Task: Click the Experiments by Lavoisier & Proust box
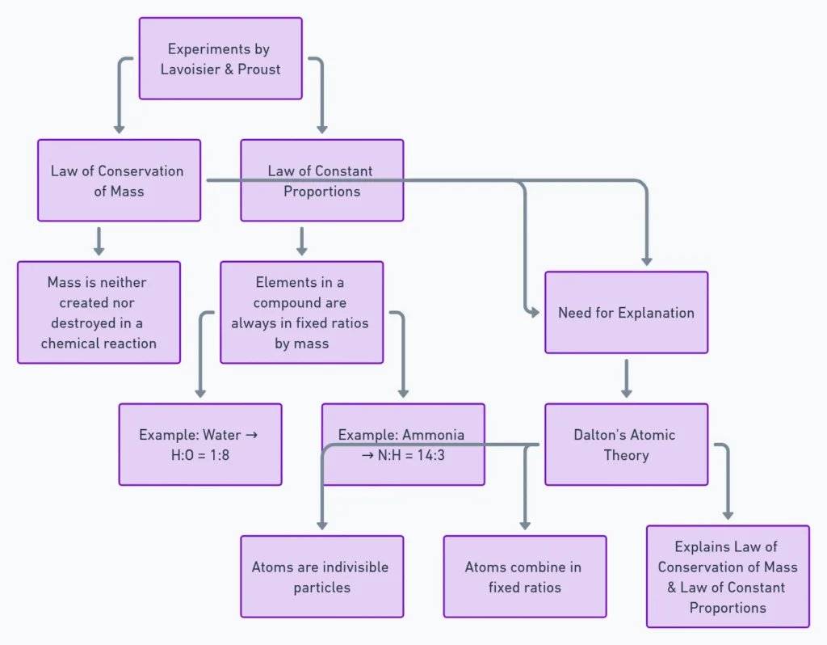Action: click(x=220, y=59)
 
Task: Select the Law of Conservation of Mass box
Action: click(x=119, y=180)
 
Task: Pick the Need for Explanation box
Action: click(x=626, y=313)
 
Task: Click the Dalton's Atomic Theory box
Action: click(x=626, y=445)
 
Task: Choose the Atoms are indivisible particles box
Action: click(x=321, y=577)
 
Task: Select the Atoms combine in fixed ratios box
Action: click(x=524, y=577)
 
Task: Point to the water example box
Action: click(x=199, y=445)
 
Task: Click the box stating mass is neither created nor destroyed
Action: click(x=99, y=313)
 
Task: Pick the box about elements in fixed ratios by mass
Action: click(x=301, y=313)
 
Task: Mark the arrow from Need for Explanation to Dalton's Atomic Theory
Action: click(x=626, y=378)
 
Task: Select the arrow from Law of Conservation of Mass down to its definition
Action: click(x=99, y=241)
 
